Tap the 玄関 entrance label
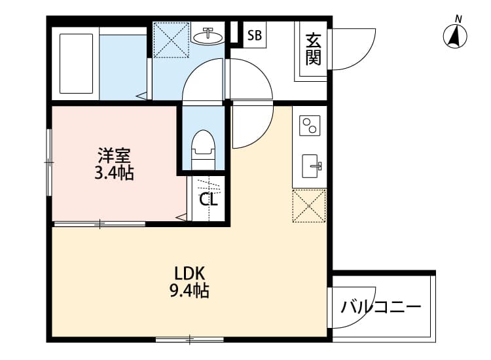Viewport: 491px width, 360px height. (x=312, y=50)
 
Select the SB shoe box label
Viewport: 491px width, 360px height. (x=255, y=36)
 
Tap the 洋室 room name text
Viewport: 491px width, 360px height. (x=115, y=156)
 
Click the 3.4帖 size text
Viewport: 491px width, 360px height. (x=115, y=174)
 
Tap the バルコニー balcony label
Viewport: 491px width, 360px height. (x=380, y=306)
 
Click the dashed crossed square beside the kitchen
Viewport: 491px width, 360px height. (x=309, y=206)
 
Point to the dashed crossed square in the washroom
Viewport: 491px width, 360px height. (x=172, y=39)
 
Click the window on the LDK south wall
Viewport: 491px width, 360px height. (x=190, y=339)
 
